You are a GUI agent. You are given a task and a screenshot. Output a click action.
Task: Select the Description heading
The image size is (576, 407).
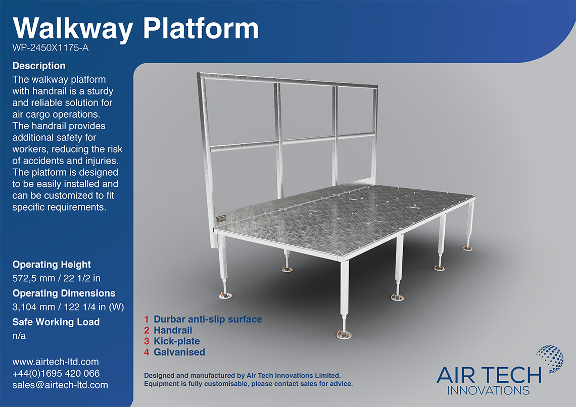click(x=39, y=66)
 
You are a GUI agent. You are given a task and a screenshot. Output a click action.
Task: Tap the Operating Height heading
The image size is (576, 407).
click(x=52, y=265)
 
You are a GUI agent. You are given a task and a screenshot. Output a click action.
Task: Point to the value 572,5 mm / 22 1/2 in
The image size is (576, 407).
click(x=58, y=278)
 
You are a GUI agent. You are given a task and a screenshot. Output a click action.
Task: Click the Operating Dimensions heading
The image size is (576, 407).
click(x=64, y=293)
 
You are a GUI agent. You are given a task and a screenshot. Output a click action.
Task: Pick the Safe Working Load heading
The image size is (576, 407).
click(x=56, y=322)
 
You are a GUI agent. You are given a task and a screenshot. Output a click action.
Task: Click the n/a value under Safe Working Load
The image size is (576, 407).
click(x=19, y=335)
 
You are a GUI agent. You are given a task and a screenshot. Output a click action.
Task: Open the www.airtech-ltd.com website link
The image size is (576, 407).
click(x=56, y=362)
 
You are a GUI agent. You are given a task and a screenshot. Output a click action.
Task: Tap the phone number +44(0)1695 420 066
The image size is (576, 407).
click(x=56, y=374)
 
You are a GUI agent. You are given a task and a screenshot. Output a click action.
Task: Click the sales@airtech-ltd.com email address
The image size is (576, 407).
click(x=60, y=385)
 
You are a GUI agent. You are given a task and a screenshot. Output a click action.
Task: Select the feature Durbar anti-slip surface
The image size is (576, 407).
click(x=208, y=320)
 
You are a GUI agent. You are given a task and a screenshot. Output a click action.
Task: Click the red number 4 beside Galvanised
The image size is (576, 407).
click(x=147, y=352)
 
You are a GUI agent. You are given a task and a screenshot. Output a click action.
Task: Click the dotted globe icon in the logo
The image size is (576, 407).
click(x=549, y=360)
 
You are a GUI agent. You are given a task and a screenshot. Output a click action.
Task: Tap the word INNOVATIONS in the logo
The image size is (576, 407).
click(x=489, y=390)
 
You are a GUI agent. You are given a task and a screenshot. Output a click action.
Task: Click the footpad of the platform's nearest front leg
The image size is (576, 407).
click(x=345, y=334)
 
